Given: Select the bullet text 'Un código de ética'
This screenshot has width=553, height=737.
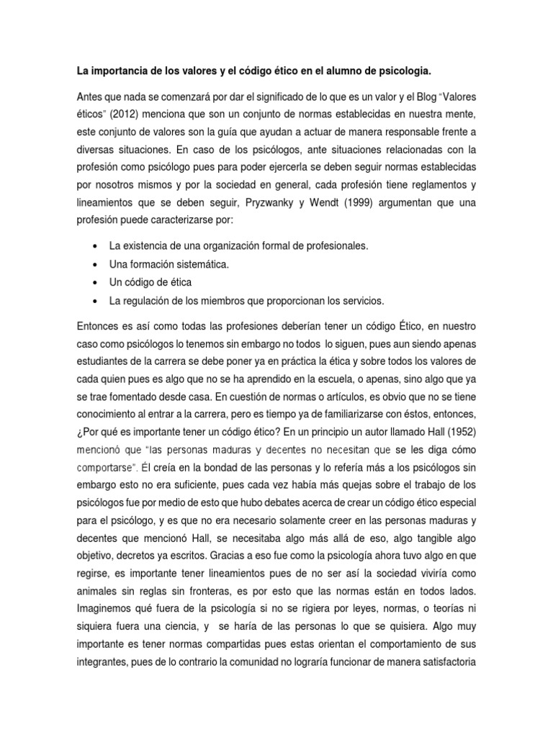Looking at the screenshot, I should tap(150, 282).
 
